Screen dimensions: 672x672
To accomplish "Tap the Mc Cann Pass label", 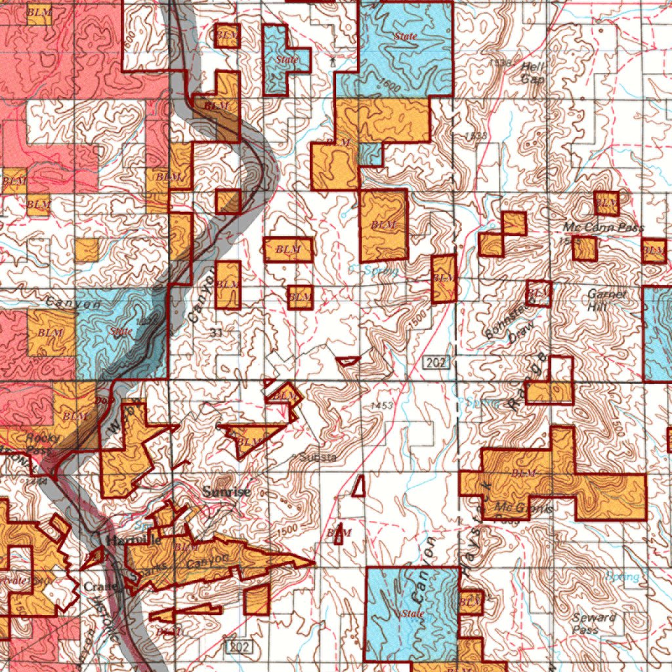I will pyautogui.click(x=604, y=228).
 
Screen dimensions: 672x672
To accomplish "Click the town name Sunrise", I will pyautogui.click(x=226, y=492).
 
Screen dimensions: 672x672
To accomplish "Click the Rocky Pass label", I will pyautogui.click(x=43, y=444).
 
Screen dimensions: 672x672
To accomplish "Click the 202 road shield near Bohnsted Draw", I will pyautogui.click(x=436, y=362).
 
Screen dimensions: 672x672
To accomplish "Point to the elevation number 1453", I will pyautogui.click(x=381, y=406).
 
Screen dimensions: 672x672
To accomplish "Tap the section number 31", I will pyautogui.click(x=217, y=333).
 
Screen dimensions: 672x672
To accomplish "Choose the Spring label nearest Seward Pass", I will pyautogui.click(x=622, y=577).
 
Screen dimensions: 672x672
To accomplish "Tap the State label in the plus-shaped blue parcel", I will pyautogui.click(x=287, y=60).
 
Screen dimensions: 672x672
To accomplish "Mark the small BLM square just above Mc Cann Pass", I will pyautogui.click(x=606, y=203).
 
